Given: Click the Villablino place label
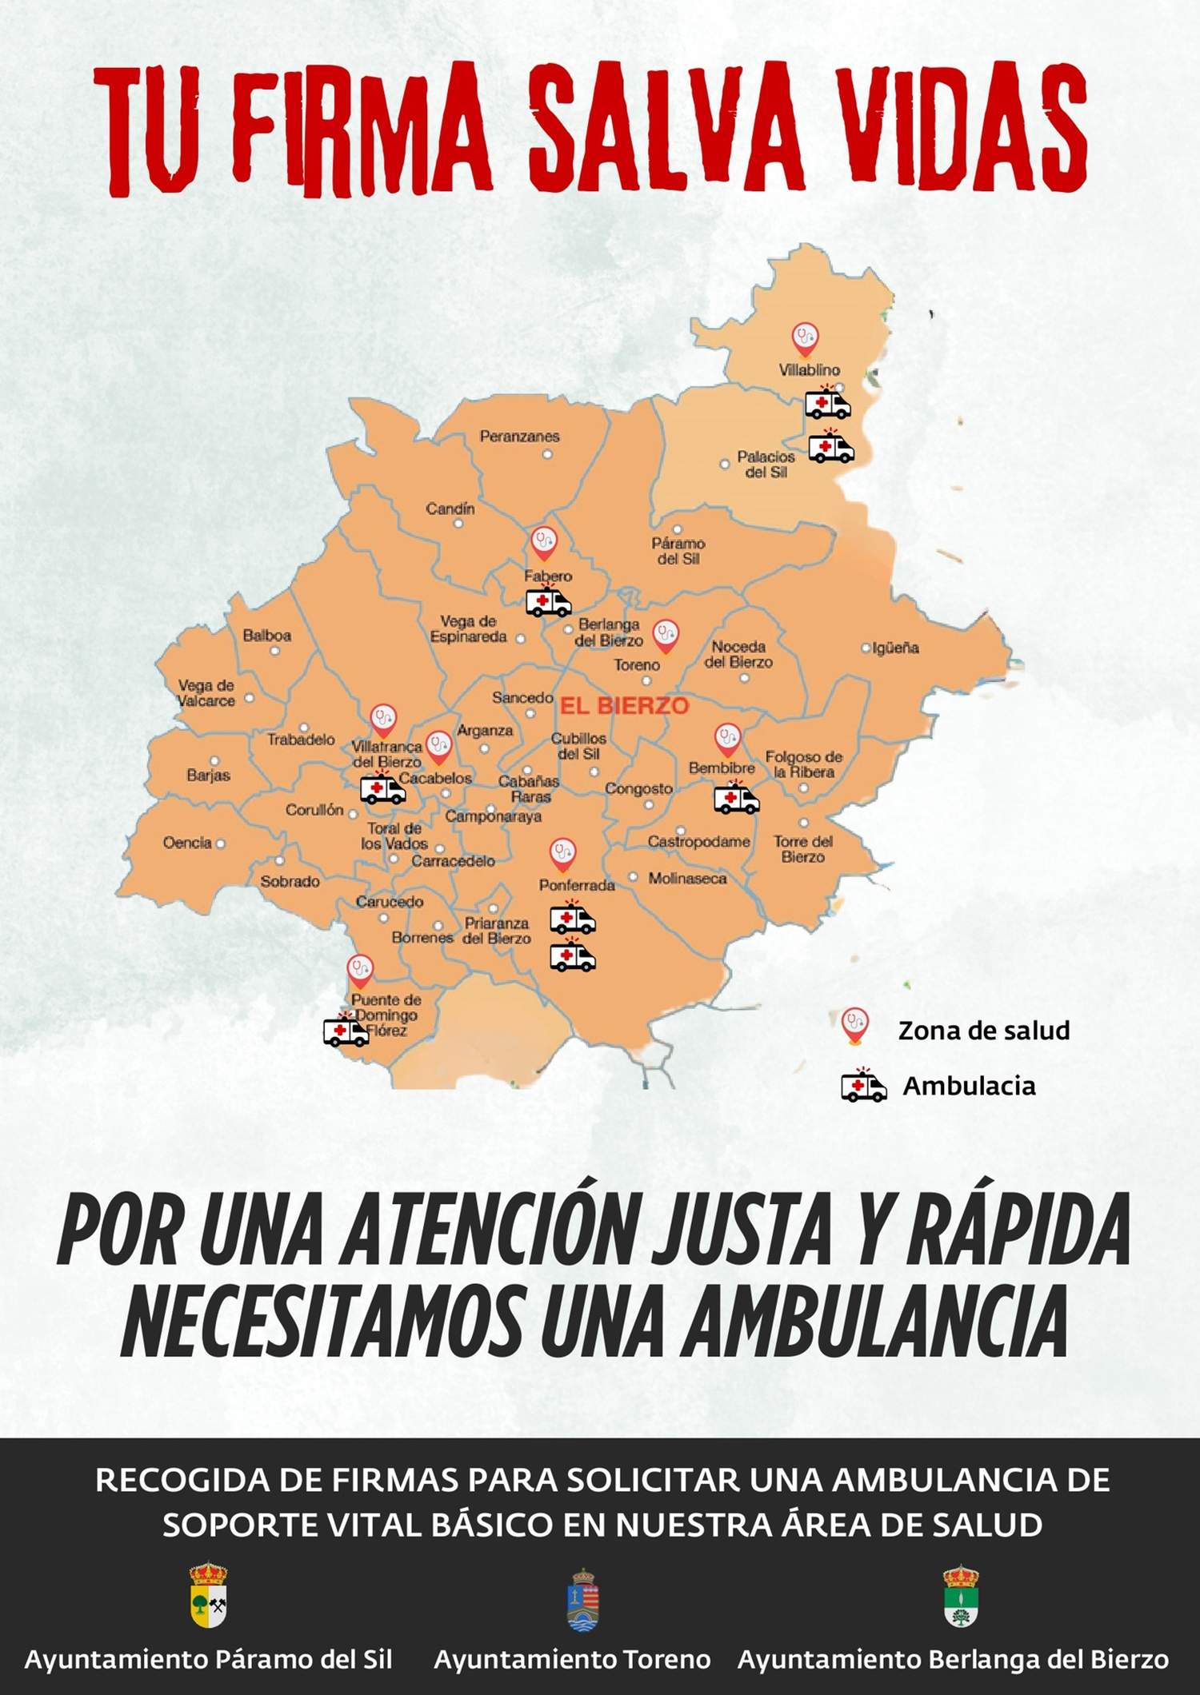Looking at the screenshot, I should [x=809, y=370].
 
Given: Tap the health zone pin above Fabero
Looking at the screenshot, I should [x=544, y=543].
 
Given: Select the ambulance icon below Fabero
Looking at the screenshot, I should [x=548, y=602].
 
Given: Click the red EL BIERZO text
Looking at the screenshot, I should [x=624, y=706].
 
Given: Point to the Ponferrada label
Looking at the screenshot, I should [x=577, y=885].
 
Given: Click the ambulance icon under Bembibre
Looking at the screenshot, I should [x=736, y=799].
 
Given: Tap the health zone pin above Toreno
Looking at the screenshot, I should [x=666, y=636].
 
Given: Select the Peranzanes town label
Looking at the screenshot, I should [x=519, y=437].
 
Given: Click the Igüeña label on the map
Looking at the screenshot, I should [x=895, y=648].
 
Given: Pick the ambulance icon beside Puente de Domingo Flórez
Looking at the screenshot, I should [x=346, y=1031].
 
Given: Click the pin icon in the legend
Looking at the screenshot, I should [x=855, y=1025].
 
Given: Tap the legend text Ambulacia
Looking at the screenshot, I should [x=969, y=1086].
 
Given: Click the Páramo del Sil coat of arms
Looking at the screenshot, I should [x=208, y=1595].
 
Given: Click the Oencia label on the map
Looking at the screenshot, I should [x=187, y=843].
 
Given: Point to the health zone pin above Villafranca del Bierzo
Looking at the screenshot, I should [x=384, y=720].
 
